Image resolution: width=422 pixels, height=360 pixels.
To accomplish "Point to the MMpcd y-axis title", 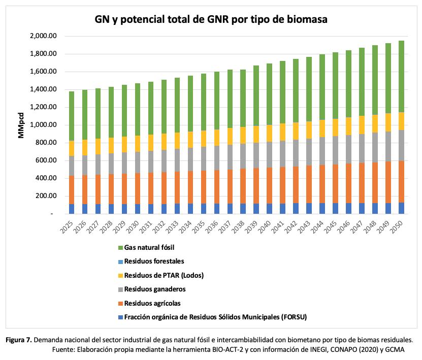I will coord(21,124).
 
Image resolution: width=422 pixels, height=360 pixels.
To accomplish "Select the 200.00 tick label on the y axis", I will coord(45,196).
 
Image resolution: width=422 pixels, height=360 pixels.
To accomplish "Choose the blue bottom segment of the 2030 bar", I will coord(137,209).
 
